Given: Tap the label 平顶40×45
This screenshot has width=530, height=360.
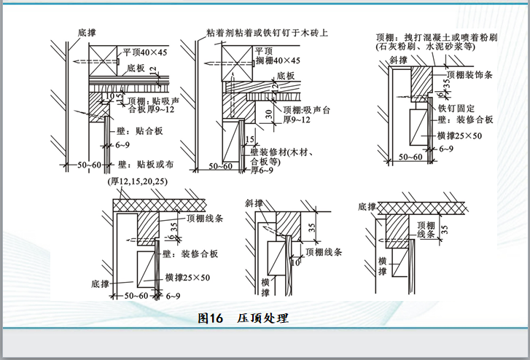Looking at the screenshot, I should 145,52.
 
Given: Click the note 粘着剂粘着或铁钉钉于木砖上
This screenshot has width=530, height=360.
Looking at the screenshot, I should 267,32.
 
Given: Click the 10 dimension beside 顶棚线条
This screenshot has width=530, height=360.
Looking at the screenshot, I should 296,262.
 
